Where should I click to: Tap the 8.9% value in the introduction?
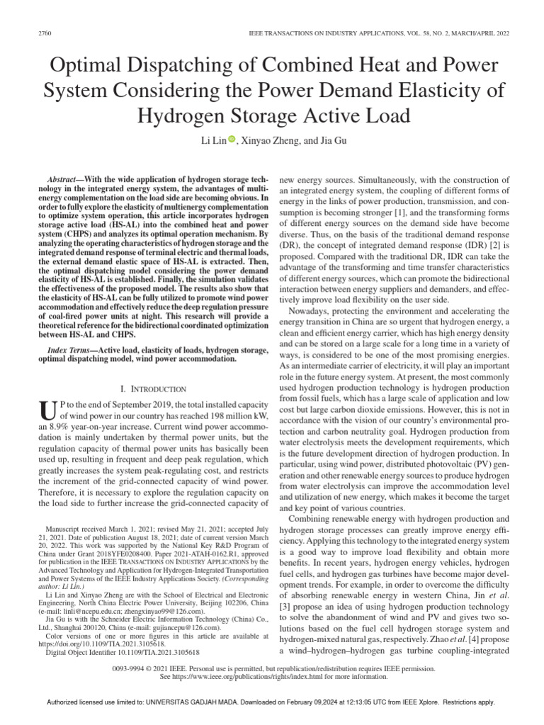[x=55, y=427]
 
